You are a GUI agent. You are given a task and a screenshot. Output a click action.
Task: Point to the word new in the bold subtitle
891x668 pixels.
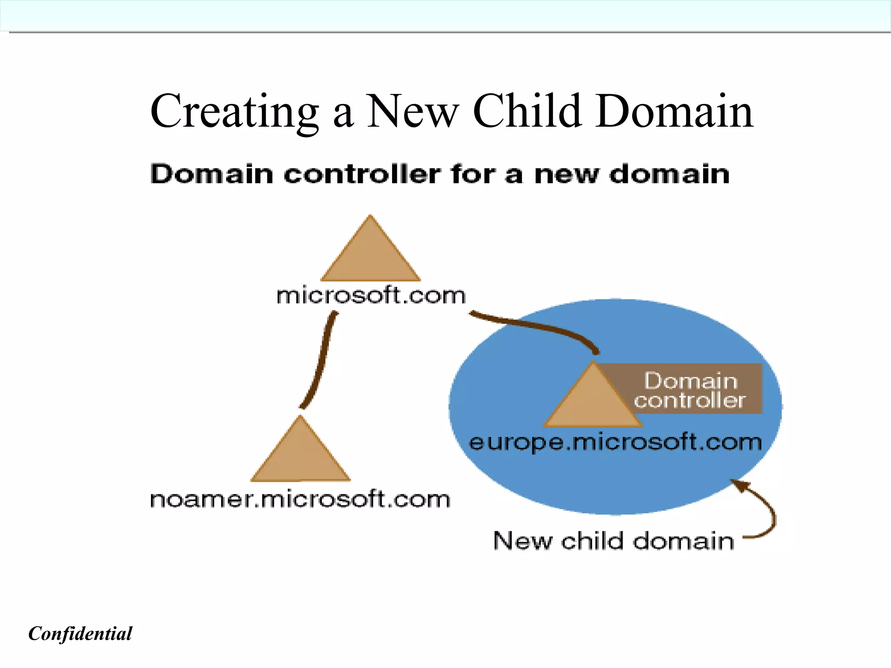566,175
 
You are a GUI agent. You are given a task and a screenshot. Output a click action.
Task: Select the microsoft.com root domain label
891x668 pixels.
371,296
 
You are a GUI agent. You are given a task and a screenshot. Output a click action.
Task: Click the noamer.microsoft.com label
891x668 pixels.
300,500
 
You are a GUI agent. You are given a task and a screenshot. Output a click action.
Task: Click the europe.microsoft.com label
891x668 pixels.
615,443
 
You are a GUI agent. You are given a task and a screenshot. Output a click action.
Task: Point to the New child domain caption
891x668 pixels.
613,541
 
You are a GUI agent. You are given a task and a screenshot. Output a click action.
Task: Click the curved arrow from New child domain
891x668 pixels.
768,514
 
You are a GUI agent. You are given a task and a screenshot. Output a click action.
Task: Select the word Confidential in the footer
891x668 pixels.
80,634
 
